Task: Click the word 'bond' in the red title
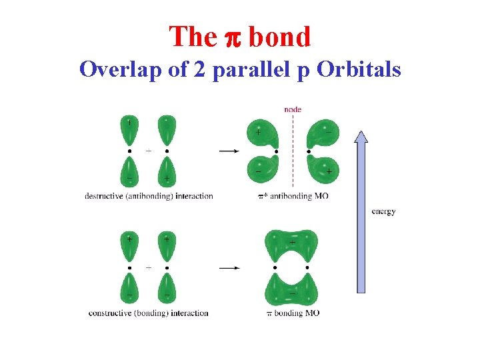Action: (280, 37)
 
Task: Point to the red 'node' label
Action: (292, 109)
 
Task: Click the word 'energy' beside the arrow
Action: (383, 211)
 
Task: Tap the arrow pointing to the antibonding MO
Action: (229, 151)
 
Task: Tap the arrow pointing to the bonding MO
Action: (229, 268)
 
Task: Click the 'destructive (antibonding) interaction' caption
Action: (149, 196)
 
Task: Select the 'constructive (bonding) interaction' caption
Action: (148, 313)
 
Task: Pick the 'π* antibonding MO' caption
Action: (293, 196)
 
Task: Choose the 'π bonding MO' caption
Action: (293, 313)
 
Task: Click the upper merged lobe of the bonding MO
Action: (292, 243)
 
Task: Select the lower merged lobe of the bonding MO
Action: (292, 291)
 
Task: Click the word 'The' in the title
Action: (192, 37)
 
